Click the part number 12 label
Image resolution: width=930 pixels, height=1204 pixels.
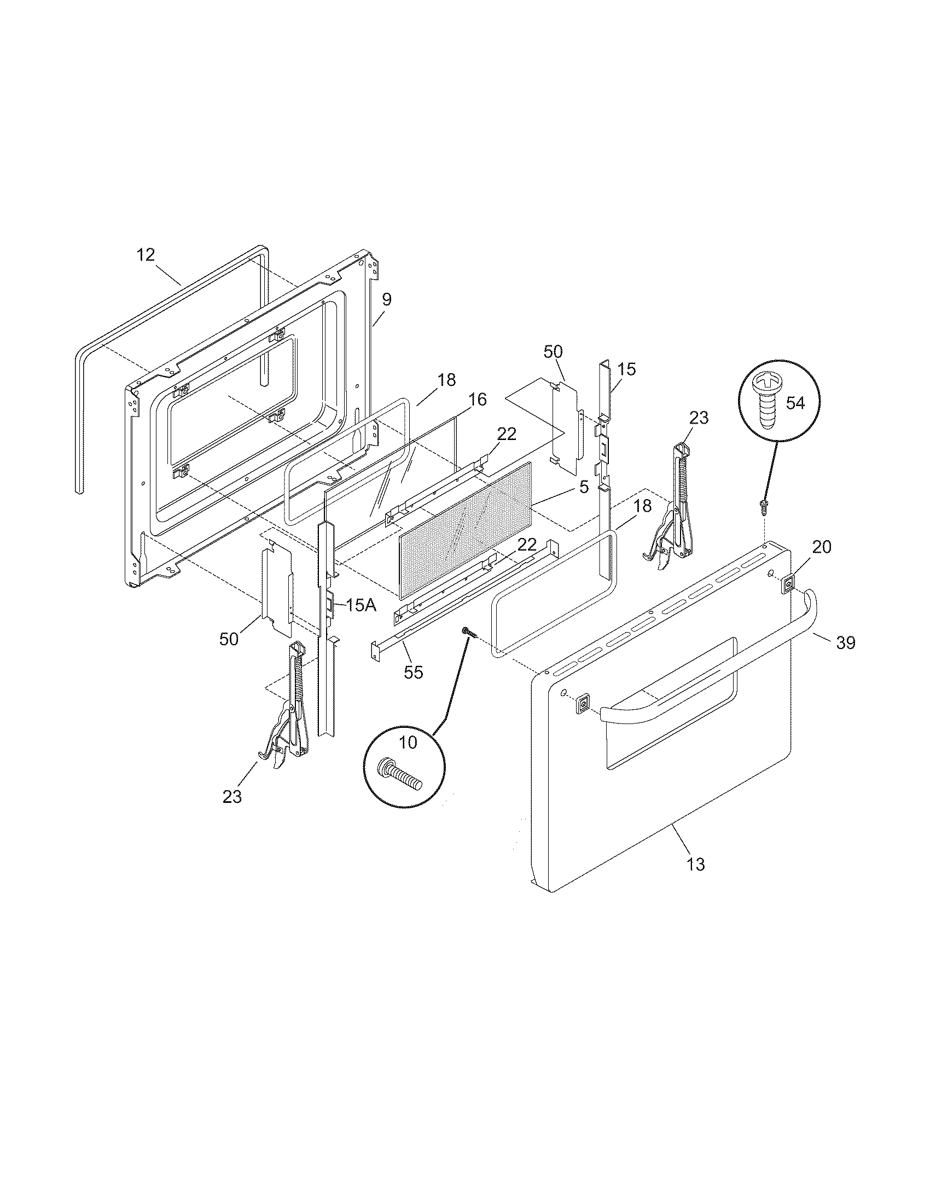tap(146, 255)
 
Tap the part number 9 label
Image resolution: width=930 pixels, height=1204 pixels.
tap(386, 299)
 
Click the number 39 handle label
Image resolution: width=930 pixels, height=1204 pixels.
tap(846, 642)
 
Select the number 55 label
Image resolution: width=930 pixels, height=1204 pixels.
tap(413, 672)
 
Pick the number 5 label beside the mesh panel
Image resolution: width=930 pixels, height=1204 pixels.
tap(584, 487)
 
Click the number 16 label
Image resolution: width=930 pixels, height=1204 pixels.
tap(478, 400)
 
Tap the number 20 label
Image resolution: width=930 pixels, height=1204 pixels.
tap(822, 547)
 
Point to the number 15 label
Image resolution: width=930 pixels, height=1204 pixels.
tap(626, 369)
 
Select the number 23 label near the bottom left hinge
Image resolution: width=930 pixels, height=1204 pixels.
tap(232, 797)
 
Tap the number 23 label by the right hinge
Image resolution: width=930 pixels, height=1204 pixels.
tap(698, 418)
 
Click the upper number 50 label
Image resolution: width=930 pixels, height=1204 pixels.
tap(553, 352)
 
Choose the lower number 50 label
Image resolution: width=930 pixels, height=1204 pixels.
tap(229, 639)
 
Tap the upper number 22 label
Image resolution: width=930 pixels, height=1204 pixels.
tap(507, 434)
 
